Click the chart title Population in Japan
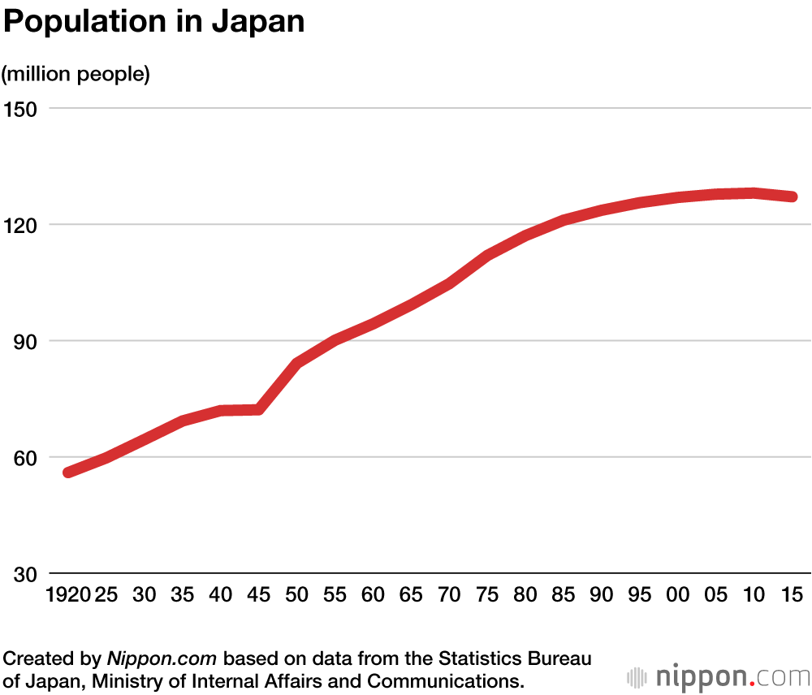pos(154,22)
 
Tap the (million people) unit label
pos(76,74)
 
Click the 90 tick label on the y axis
pos(24,341)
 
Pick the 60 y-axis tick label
pos(24,457)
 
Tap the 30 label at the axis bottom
pos(24,574)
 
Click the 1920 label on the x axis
pos(67,594)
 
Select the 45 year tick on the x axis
pos(259,594)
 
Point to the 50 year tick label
pos(297,594)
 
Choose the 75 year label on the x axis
pos(488,594)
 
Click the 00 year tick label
pos(678,594)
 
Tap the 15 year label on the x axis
pos(793,594)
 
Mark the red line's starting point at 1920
pos(68,472)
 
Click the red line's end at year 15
pos(793,196)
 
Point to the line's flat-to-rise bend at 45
pos(259,409)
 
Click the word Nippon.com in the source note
pos(162,658)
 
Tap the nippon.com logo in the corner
pos(718,676)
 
